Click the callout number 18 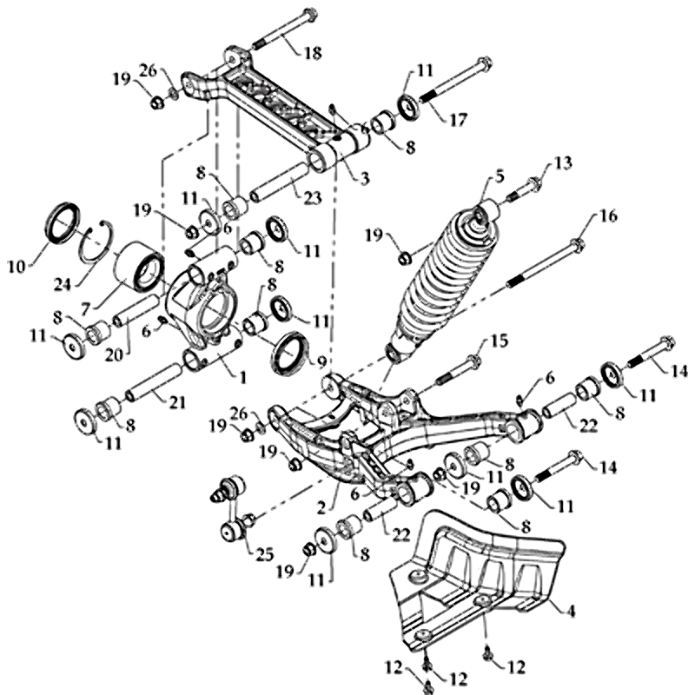310,54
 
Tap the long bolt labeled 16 539,261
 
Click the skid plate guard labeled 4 486,573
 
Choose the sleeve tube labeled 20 136,311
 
